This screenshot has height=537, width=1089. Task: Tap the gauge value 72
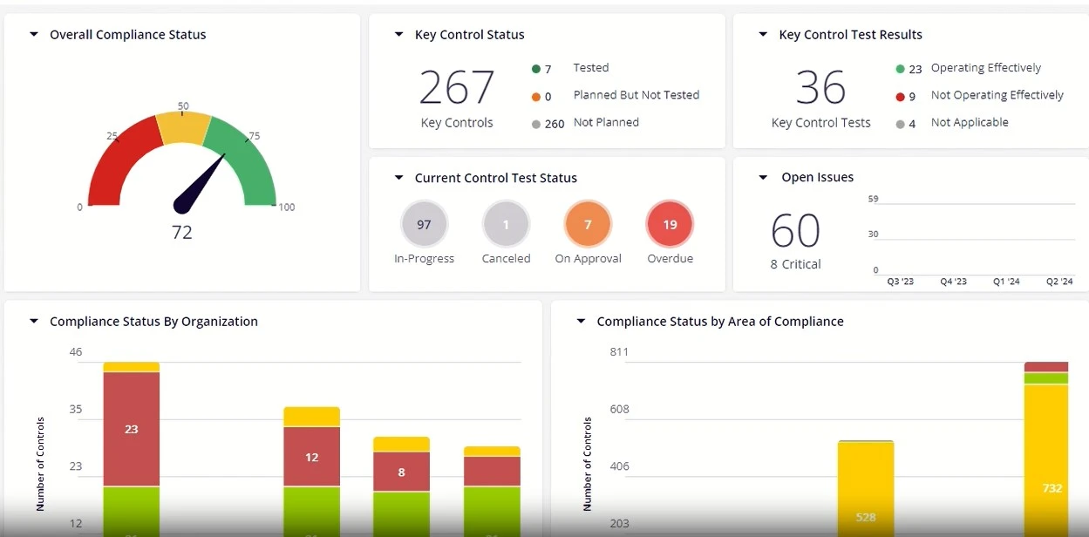point(182,233)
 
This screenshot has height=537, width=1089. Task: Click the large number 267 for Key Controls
point(457,87)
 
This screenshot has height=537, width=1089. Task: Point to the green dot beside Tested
point(535,69)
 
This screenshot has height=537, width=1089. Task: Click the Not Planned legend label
point(606,123)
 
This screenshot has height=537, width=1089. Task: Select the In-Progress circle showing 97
point(424,225)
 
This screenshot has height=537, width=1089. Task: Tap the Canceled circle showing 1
point(506,225)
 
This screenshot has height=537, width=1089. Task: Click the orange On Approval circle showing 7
point(588,225)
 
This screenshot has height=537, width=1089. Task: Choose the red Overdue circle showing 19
point(670,225)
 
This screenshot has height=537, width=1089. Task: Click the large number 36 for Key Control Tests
point(820,87)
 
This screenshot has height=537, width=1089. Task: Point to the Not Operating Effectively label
point(997,96)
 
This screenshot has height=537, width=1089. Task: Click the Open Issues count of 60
point(795,231)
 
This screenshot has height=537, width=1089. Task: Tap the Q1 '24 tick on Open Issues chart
point(1005,282)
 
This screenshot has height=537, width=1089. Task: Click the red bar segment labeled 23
point(132,429)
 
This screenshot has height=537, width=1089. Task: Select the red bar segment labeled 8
point(401,472)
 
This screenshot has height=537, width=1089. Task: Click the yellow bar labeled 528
point(866,488)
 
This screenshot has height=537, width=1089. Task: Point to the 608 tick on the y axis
point(619,409)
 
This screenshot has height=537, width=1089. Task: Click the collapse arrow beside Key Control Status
point(398,35)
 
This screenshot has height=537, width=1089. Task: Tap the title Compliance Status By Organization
point(153,322)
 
